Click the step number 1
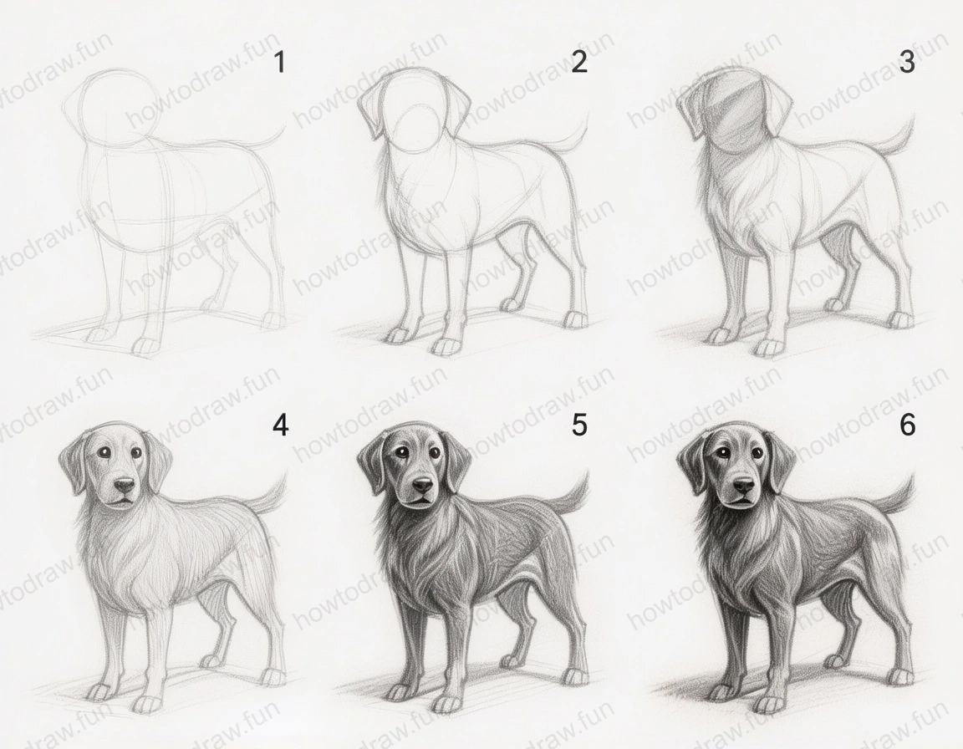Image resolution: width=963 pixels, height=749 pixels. tap(280, 62)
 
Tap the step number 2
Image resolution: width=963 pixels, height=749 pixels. tap(578, 62)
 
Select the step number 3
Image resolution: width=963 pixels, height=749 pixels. tap(907, 62)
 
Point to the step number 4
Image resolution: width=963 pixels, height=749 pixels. tap(280, 425)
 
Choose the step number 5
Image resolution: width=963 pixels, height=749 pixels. tap(578, 425)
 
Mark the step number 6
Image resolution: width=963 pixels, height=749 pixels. tap(907, 425)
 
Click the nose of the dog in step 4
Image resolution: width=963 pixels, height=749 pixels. tap(124, 485)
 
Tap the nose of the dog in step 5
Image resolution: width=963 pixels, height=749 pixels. tap(423, 484)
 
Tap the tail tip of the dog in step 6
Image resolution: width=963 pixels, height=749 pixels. tap(912, 479)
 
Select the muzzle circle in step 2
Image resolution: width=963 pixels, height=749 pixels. tap(415, 130)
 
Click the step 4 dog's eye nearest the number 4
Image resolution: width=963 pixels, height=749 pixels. tap(136, 453)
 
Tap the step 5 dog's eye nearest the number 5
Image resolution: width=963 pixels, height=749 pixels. tap(436, 452)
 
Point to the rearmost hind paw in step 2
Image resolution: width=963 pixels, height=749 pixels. tap(575, 319)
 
